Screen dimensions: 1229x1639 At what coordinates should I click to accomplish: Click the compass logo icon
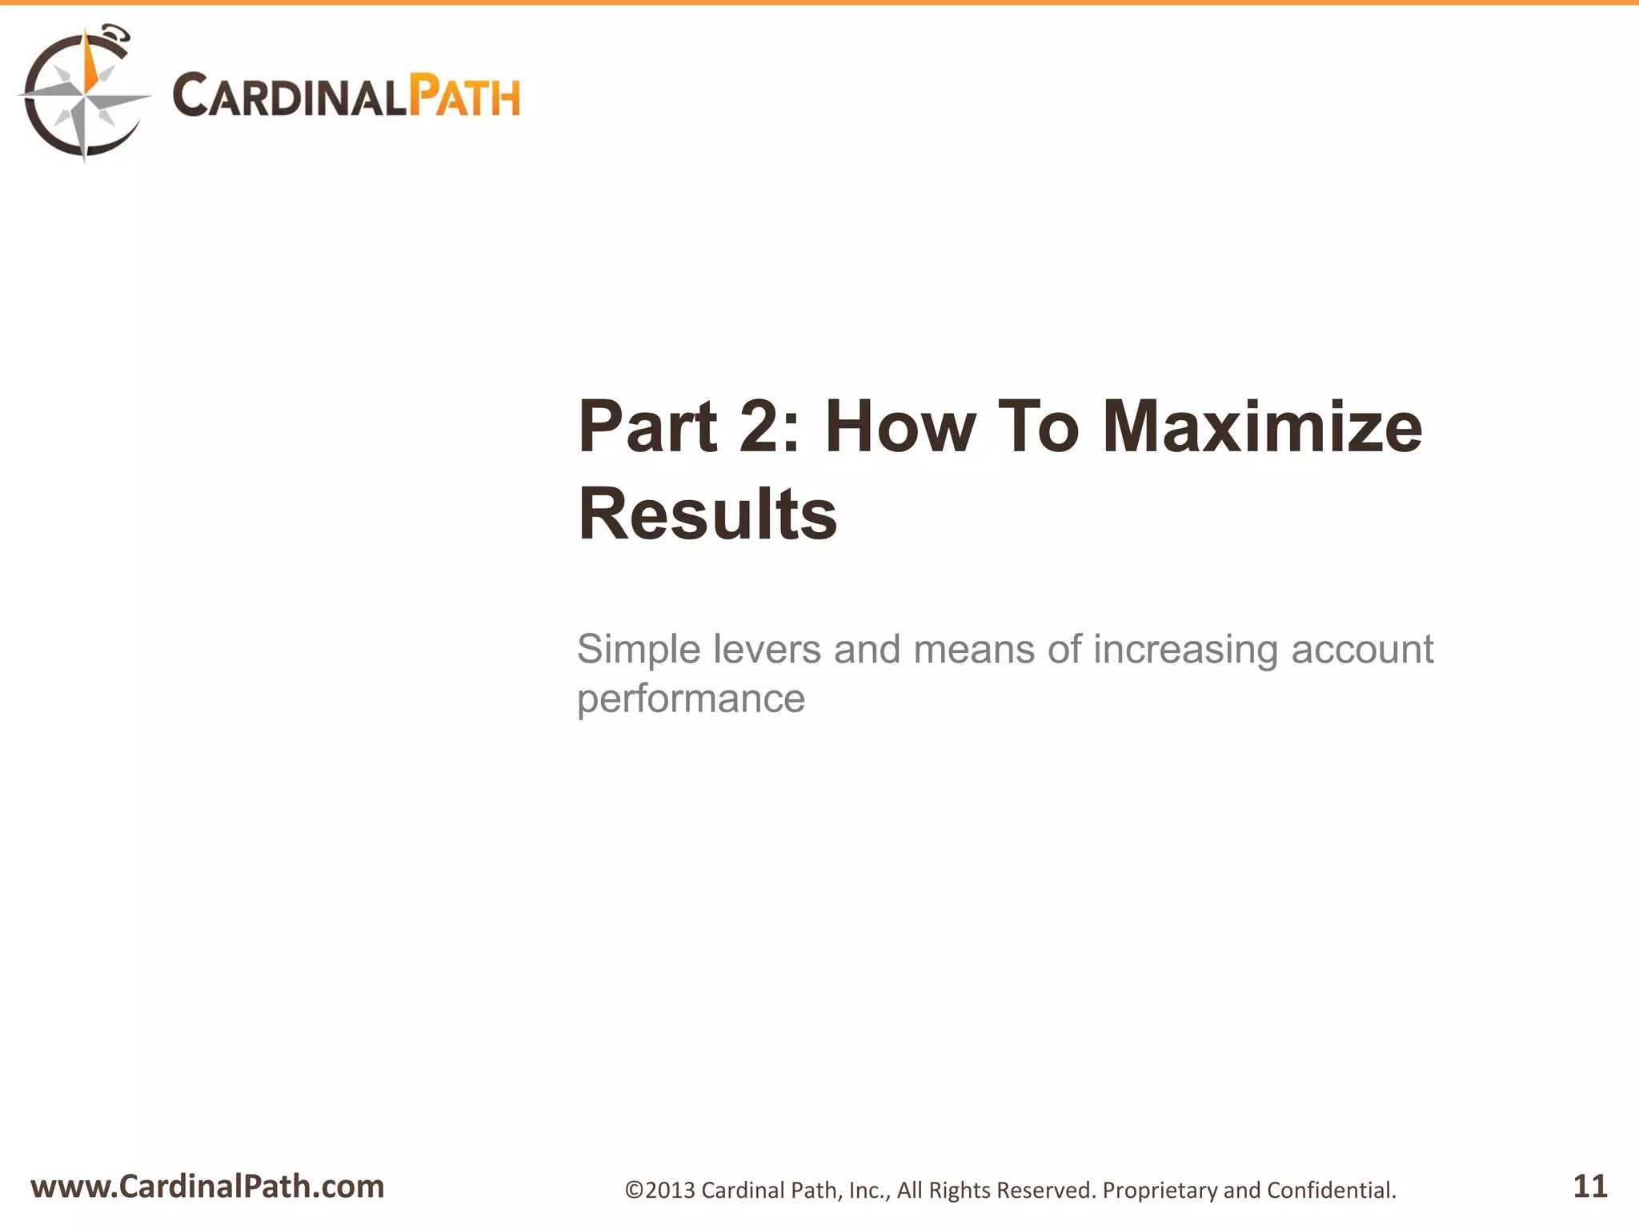pyautogui.click(x=83, y=94)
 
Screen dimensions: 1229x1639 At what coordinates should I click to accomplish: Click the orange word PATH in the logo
pyautogui.click(x=464, y=96)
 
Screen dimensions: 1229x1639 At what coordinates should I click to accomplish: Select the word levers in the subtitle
pyautogui.click(x=767, y=649)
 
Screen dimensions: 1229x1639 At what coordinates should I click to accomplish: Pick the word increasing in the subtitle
pyautogui.click(x=1185, y=649)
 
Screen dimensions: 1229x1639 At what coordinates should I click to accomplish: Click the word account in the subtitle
pyautogui.click(x=1362, y=649)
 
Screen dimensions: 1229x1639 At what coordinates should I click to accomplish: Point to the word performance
pyautogui.click(x=691, y=699)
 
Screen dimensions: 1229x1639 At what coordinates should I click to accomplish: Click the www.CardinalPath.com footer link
pyautogui.click(x=207, y=1187)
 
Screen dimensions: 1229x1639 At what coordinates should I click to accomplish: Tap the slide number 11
pyautogui.click(x=1589, y=1186)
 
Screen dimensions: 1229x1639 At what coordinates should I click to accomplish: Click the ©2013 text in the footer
pyautogui.click(x=660, y=1191)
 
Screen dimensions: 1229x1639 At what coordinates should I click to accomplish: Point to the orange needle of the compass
pyautogui.click(x=91, y=64)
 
